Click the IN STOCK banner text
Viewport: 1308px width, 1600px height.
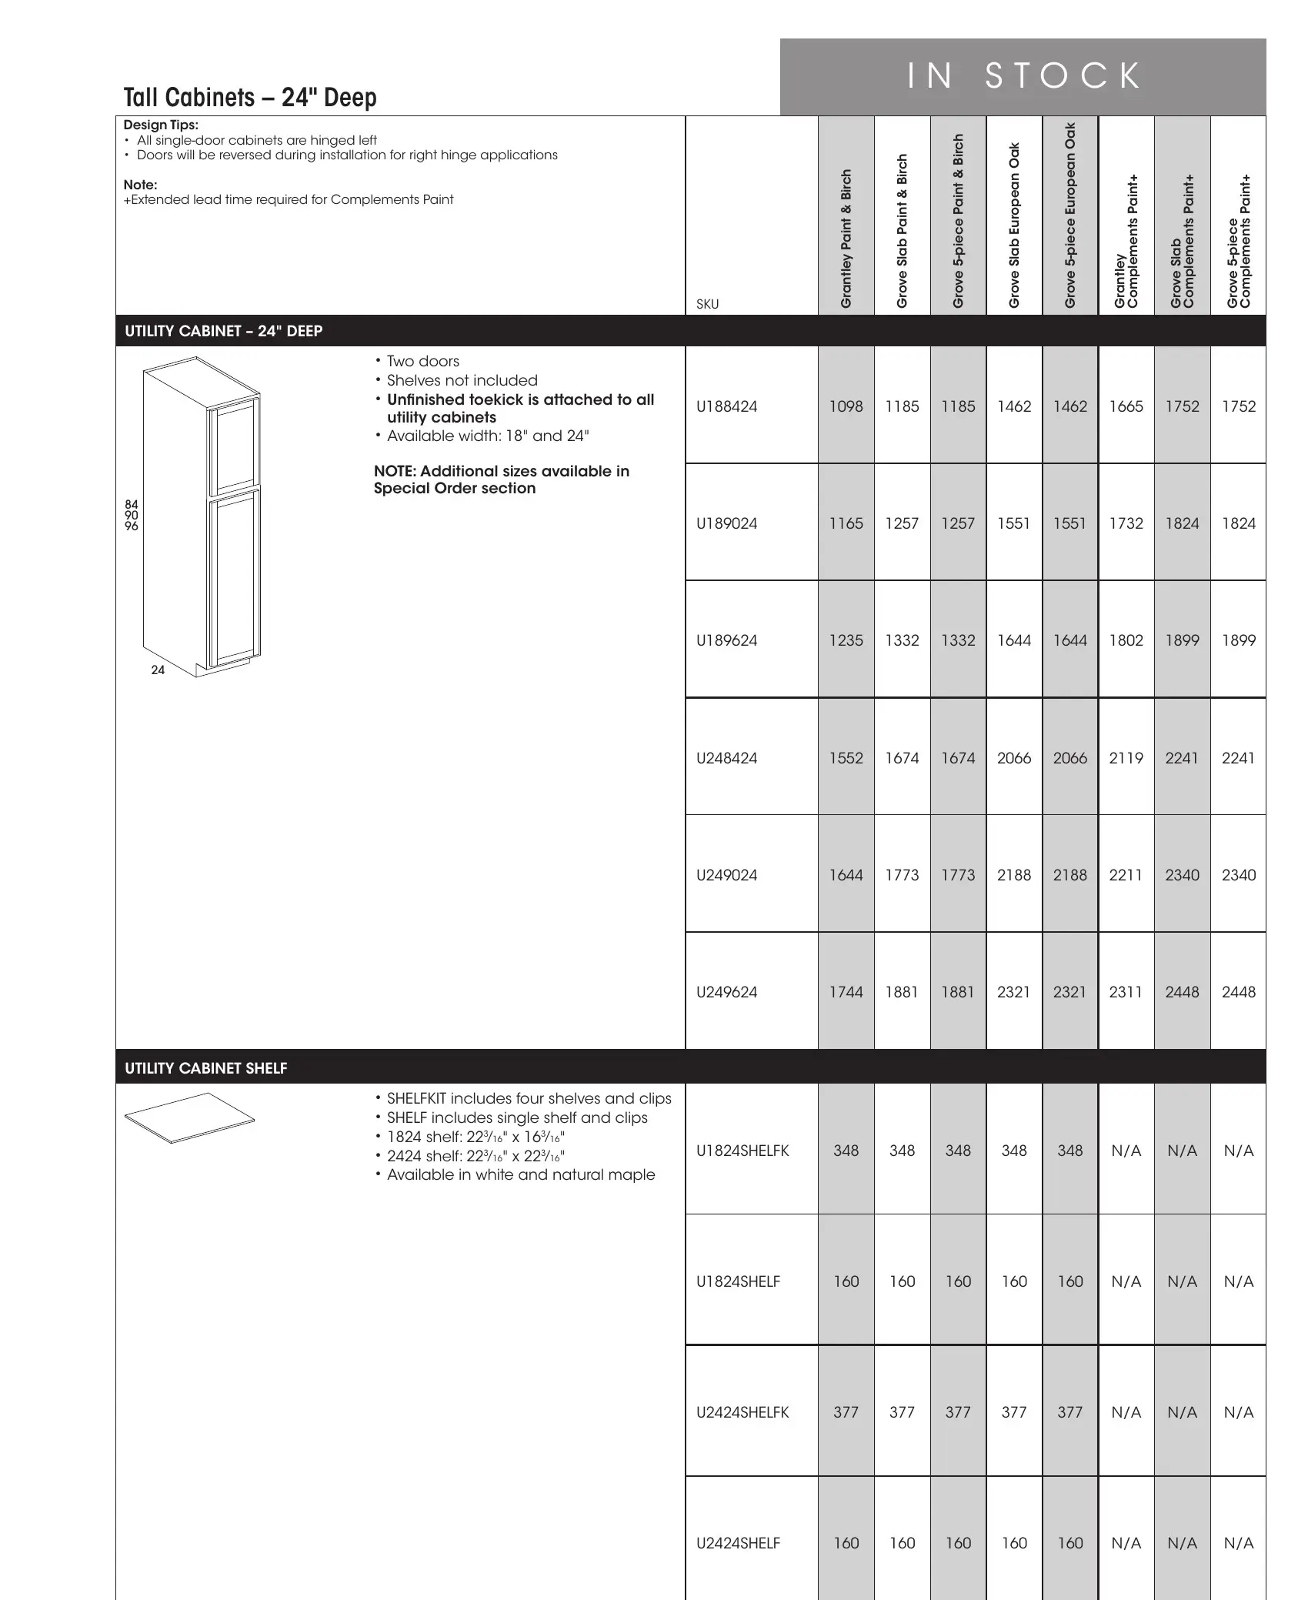click(x=1023, y=76)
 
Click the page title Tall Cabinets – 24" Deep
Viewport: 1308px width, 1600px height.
click(x=250, y=98)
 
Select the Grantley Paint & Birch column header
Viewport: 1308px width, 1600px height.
click(x=846, y=239)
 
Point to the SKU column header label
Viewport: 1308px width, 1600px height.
click(x=707, y=304)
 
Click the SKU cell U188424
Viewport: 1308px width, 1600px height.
click(x=726, y=406)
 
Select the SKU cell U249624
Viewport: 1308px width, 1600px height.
click(x=726, y=992)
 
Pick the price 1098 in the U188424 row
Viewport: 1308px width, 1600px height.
click(x=846, y=406)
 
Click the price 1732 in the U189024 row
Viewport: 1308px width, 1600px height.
click(x=1126, y=523)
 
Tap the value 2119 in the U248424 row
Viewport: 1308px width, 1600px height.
click(x=1126, y=758)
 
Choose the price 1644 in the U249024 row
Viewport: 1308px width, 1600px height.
click(x=846, y=875)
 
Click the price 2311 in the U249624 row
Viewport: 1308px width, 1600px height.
click(x=1126, y=992)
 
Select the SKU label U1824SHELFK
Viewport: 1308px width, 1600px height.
click(x=742, y=1151)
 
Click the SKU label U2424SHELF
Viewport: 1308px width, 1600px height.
click(x=738, y=1543)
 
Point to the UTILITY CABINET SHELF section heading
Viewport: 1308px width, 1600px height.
click(x=206, y=1068)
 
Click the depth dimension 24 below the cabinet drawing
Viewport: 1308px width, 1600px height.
click(x=158, y=670)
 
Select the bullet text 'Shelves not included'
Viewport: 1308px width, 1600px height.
click(x=462, y=380)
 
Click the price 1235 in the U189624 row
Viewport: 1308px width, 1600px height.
click(x=846, y=640)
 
